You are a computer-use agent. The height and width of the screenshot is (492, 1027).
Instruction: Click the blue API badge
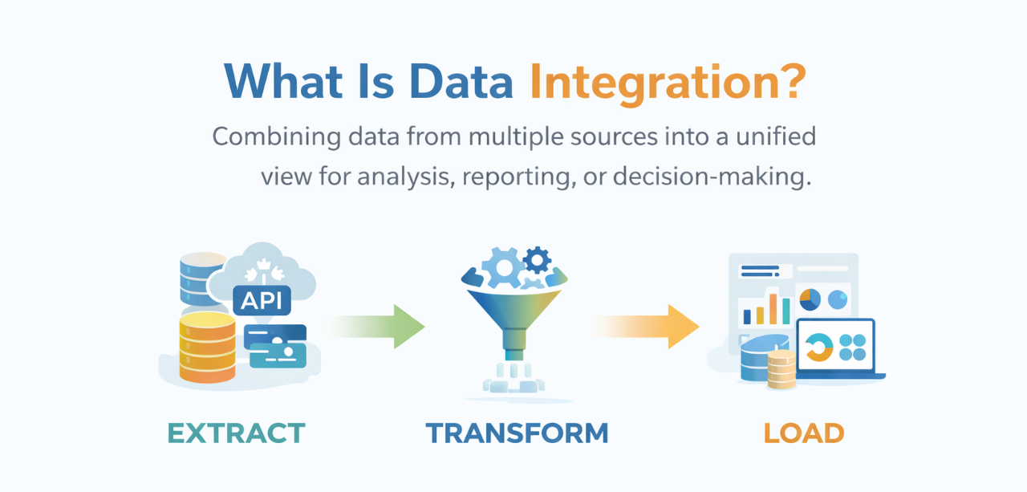click(x=262, y=299)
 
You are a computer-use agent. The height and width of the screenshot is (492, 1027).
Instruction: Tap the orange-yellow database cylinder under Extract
click(x=207, y=347)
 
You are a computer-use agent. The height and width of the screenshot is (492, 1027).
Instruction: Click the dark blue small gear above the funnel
click(x=536, y=259)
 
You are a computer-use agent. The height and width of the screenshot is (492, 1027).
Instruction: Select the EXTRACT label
click(x=236, y=433)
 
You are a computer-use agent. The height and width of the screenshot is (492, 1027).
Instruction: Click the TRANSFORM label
click(x=517, y=433)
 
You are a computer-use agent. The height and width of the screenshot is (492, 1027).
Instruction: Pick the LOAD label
click(x=803, y=433)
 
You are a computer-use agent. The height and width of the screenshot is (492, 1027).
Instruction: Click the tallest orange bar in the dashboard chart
click(x=773, y=309)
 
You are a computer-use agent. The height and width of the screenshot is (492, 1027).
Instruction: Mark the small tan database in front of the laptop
click(x=781, y=369)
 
